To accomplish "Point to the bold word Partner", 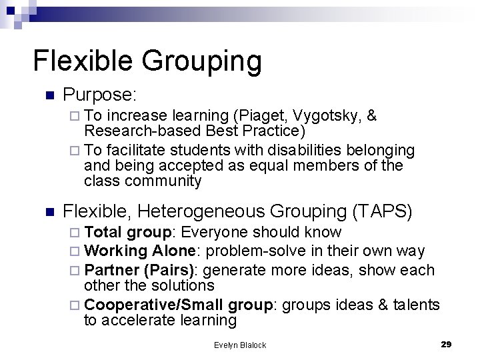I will [111, 271].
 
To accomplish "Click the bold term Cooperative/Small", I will [155, 305].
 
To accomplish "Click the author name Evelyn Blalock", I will [240, 345].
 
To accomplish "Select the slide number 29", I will [446, 344].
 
